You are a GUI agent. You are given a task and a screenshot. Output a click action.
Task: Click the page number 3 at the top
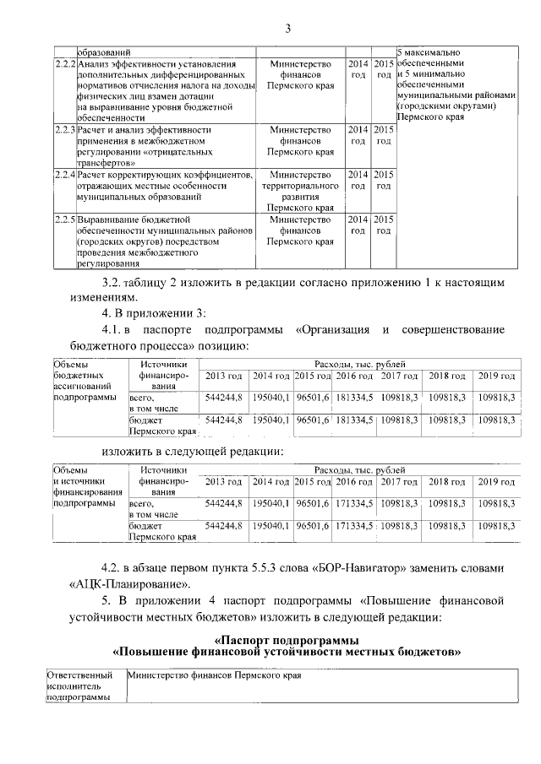[x=287, y=30]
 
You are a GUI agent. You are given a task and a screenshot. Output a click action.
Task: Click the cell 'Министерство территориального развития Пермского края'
[x=299, y=190]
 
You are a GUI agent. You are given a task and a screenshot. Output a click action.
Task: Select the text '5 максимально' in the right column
[x=427, y=53]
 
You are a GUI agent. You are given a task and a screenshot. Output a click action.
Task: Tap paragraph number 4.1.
[x=112, y=329]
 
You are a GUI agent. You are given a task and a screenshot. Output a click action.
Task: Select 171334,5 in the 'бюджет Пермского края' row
[x=352, y=525]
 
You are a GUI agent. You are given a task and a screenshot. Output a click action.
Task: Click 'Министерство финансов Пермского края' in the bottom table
[x=214, y=676]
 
